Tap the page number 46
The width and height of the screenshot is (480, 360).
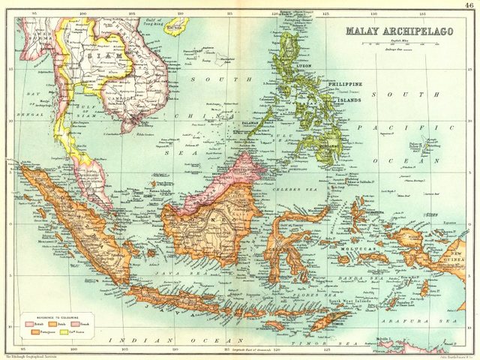tap(469, 5)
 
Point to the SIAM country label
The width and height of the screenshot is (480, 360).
tap(102, 55)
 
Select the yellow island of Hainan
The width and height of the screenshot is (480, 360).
tap(177, 29)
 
